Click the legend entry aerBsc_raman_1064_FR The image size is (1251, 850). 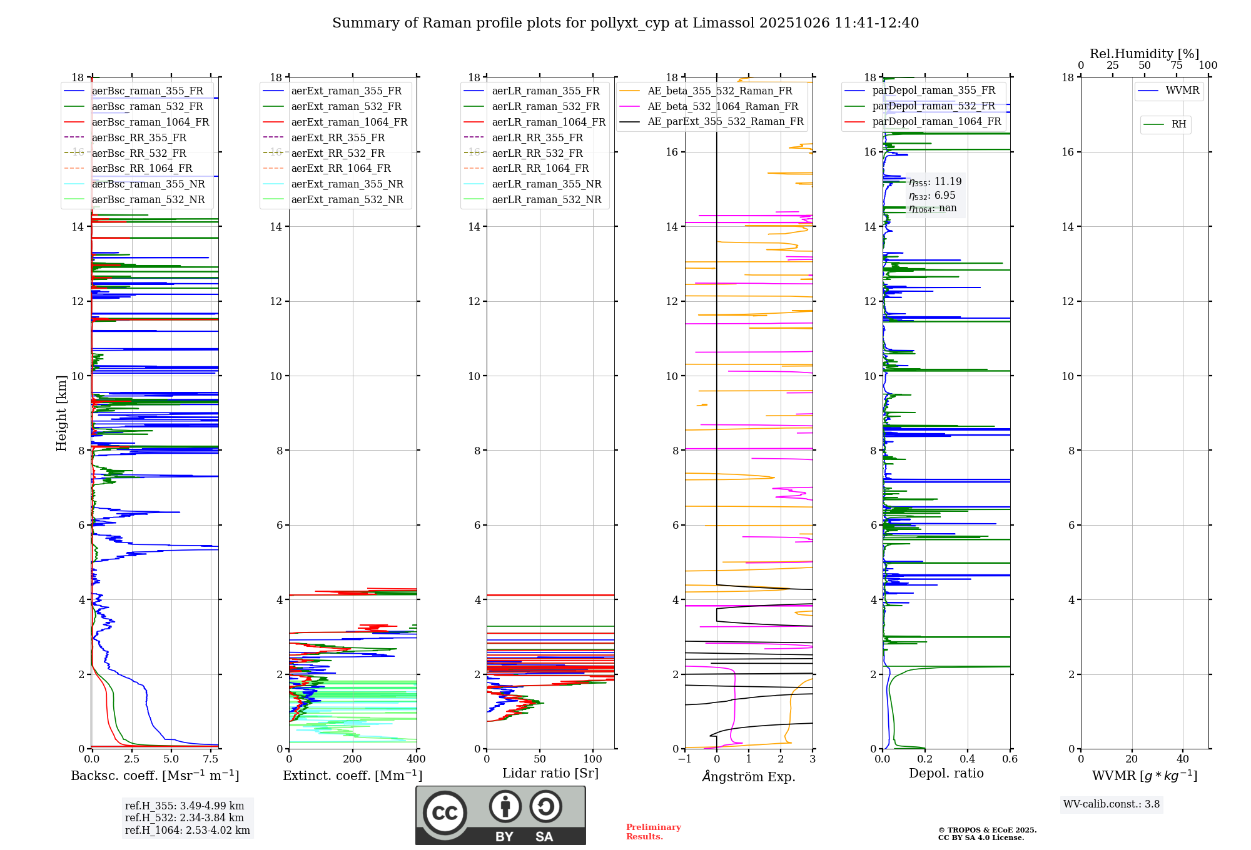coord(150,122)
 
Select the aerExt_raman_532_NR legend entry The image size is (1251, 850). coord(347,200)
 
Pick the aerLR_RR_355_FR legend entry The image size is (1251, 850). coord(537,138)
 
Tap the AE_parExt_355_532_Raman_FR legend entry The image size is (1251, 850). coord(725,122)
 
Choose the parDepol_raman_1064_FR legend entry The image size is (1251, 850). coord(936,122)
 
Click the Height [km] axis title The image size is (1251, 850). coord(61,412)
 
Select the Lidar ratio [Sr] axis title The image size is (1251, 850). coord(550,774)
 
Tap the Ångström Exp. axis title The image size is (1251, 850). coord(749,777)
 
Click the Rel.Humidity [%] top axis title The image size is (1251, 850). coord(1144,54)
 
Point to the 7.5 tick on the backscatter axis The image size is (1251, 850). coord(211,759)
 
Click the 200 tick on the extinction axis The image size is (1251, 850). coord(353,759)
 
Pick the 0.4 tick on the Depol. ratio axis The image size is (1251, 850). coord(968,759)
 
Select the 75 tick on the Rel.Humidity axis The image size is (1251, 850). coord(1177,66)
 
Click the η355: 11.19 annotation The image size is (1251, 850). coord(935,182)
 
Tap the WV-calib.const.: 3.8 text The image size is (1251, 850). coord(1112,804)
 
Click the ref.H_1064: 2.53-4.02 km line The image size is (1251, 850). coord(187,831)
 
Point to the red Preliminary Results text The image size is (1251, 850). coord(653,832)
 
